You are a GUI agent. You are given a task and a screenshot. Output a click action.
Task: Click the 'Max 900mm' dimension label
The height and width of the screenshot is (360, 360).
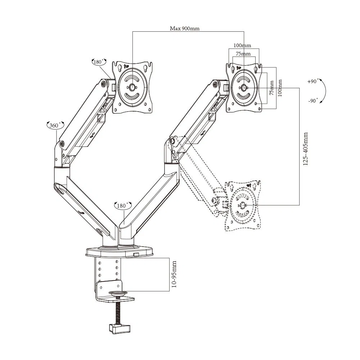coord(185,28)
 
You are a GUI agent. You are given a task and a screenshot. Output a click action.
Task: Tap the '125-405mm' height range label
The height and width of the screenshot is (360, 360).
coord(306,149)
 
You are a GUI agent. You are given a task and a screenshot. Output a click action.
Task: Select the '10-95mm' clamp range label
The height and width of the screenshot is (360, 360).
coord(174,274)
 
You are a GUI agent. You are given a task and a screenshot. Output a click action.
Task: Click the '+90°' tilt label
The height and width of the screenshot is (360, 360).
coord(313,81)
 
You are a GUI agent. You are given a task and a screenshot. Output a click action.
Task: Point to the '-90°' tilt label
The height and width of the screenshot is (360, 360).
coord(313,101)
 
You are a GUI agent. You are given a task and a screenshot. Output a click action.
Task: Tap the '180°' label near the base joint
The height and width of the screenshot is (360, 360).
coord(122,206)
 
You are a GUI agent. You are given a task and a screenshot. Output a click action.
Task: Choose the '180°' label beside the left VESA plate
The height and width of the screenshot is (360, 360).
coord(99,62)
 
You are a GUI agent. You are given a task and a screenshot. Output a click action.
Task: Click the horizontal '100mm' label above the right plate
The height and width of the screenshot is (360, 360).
coord(242,46)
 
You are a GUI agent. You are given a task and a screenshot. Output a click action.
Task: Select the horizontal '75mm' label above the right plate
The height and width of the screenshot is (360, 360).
coord(243,54)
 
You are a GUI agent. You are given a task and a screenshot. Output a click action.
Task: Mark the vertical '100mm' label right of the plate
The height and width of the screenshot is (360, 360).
coord(280,87)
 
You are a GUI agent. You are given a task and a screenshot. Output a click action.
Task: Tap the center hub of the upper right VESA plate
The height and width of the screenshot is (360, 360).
coord(244,87)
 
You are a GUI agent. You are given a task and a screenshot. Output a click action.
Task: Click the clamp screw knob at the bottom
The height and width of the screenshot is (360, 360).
coord(120,328)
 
